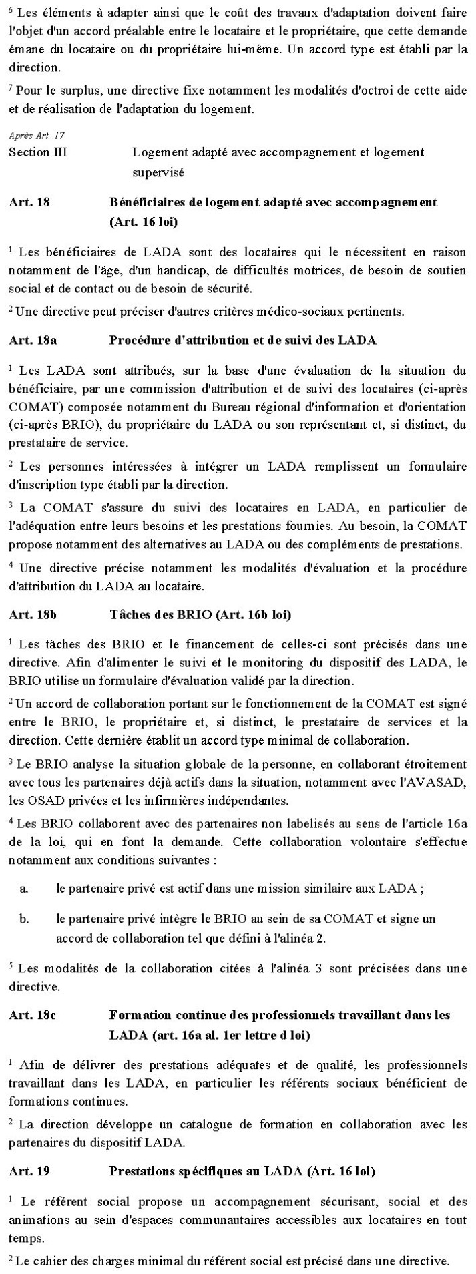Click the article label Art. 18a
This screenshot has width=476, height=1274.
point(33,340)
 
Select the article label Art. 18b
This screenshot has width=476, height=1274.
point(33,614)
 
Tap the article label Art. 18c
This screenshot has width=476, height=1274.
point(32,1015)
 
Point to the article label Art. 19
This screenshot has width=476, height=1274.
point(29,1171)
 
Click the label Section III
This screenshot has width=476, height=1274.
point(38,152)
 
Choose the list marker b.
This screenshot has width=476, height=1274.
point(24,919)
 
